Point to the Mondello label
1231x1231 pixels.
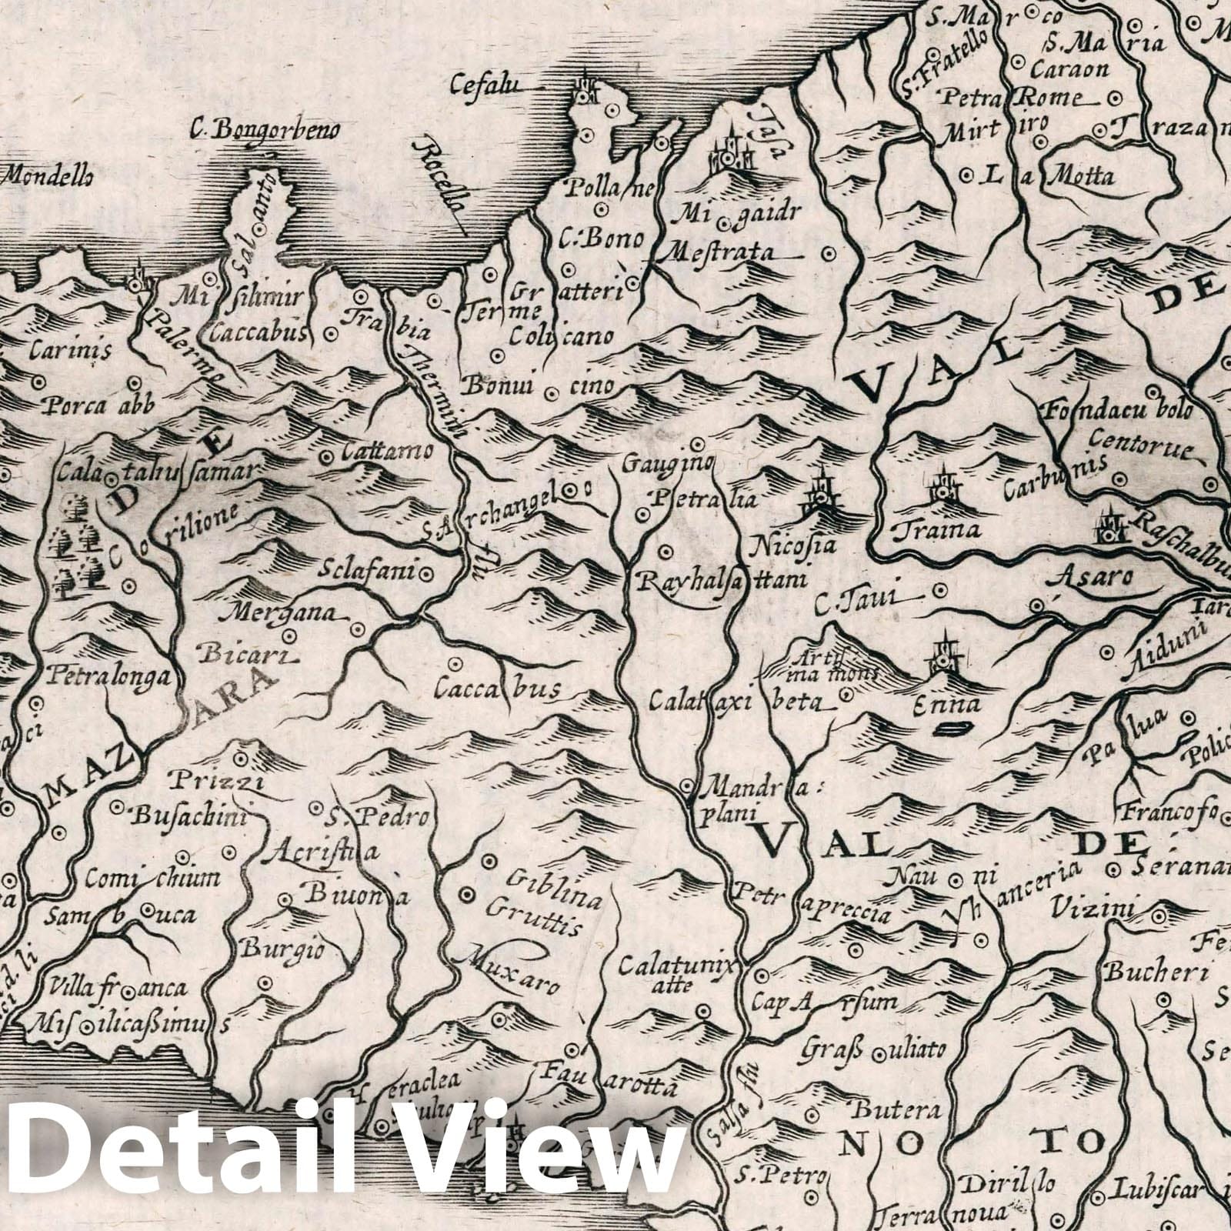click(48, 176)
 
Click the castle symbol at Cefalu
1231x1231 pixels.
click(589, 91)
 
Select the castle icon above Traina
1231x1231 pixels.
click(939, 486)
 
